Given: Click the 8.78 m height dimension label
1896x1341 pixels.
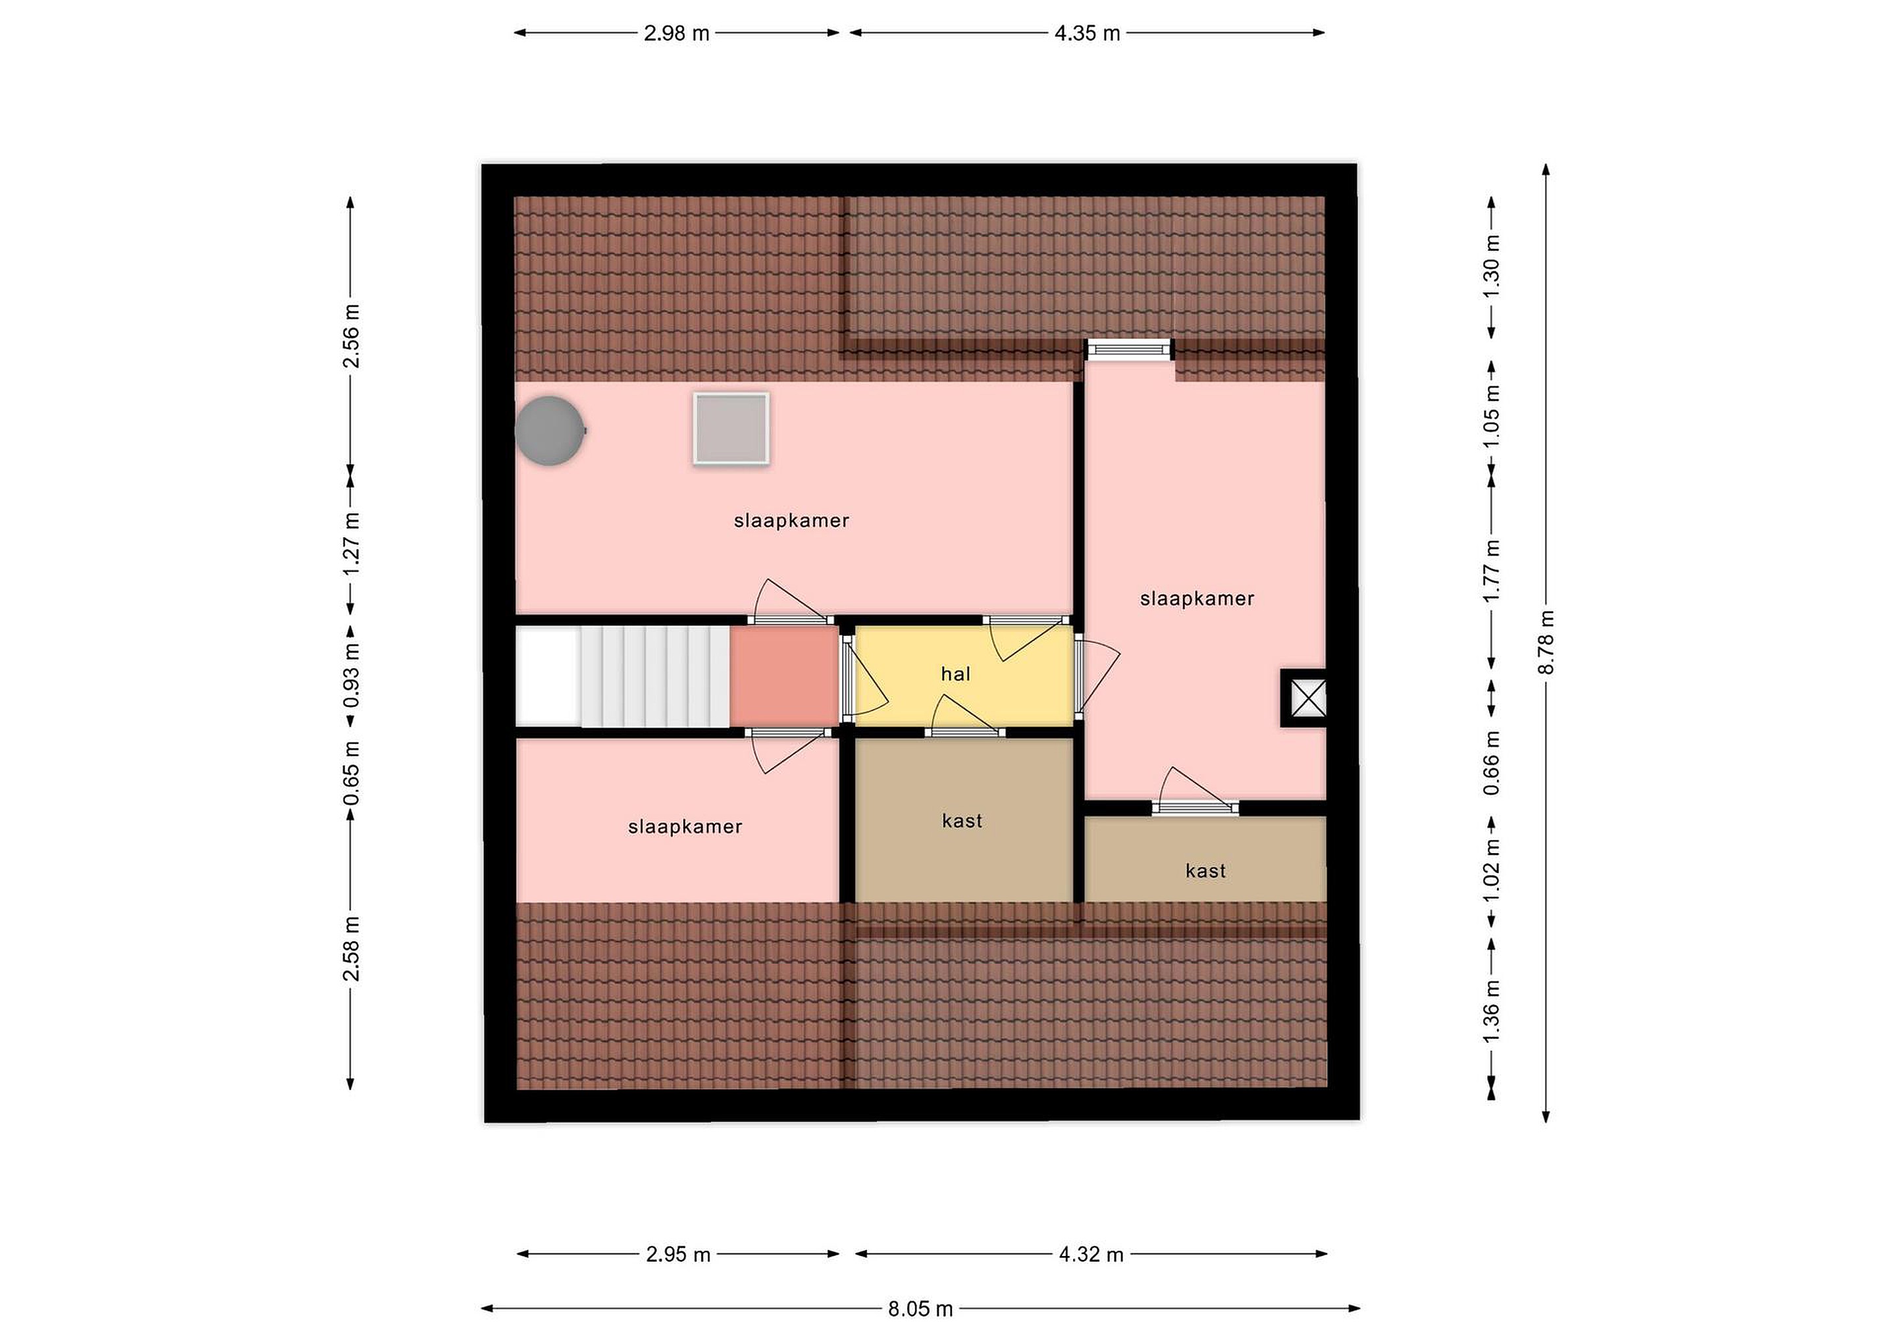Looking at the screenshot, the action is point(1546,643).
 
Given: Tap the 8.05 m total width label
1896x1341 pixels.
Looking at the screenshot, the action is point(921,1309).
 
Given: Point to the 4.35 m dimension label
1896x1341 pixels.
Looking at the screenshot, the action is point(1087,33).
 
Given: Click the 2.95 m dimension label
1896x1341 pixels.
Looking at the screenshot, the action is point(678,1254).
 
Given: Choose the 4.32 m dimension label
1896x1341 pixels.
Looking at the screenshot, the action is point(1091,1254).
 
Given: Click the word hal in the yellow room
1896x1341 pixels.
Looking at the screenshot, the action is point(955,674).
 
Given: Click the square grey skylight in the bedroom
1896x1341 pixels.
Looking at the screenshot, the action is point(731,429).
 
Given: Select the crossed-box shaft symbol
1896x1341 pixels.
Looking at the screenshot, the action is point(1304,698).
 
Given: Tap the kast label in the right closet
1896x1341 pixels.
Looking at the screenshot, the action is point(1205,870).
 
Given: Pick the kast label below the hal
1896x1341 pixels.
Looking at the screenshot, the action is point(962,821).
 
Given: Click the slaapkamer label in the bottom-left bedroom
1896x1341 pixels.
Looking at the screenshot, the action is point(685,827).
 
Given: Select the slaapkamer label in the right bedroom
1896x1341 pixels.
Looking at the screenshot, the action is point(1197,598).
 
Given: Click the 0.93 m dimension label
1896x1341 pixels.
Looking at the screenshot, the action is point(351,676).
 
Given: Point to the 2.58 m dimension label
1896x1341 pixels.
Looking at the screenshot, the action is point(351,949).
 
